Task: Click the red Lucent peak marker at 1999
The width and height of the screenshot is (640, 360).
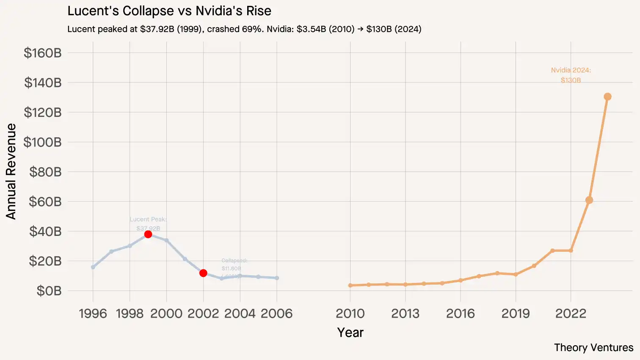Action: pyautogui.click(x=148, y=234)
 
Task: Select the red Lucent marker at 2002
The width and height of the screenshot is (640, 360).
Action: pyautogui.click(x=203, y=273)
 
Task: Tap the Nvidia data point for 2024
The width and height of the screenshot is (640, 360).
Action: pyautogui.click(x=607, y=97)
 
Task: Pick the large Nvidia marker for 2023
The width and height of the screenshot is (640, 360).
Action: pyautogui.click(x=589, y=200)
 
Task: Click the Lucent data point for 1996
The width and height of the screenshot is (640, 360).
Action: pyautogui.click(x=93, y=267)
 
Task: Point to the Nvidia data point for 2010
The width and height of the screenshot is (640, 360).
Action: pyautogui.click(x=350, y=285)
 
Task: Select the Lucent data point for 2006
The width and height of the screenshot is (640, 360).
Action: pyautogui.click(x=277, y=278)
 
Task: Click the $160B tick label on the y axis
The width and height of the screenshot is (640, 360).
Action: pyautogui.click(x=43, y=53)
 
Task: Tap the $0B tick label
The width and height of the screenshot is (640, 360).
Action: pyautogui.click(x=49, y=291)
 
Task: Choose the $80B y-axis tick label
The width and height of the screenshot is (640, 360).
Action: pyautogui.click(x=45, y=172)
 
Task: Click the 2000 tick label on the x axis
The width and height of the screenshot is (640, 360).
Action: pyautogui.click(x=166, y=313)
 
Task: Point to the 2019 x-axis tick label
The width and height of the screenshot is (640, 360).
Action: pyautogui.click(x=516, y=313)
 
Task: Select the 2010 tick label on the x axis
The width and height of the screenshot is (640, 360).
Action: pyautogui.click(x=350, y=313)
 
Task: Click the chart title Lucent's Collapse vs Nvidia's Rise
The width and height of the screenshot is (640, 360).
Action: pyautogui.click(x=169, y=11)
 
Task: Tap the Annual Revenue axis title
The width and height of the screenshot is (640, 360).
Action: pyautogui.click(x=11, y=172)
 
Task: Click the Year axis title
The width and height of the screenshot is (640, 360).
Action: pyautogui.click(x=350, y=332)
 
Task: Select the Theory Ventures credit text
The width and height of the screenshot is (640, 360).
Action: pyautogui.click(x=593, y=348)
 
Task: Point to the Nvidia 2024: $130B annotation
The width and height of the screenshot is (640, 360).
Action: pyautogui.click(x=571, y=75)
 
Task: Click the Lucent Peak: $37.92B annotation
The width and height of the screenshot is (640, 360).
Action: pyautogui.click(x=148, y=224)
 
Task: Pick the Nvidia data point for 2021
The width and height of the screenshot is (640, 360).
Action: pyautogui.click(x=552, y=251)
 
